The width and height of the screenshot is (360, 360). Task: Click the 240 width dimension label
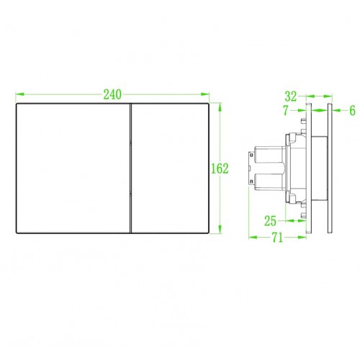[112, 94]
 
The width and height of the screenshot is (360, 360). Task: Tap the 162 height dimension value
[220, 168]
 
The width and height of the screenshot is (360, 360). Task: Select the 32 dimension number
[291, 96]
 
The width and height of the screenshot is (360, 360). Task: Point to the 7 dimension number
[286, 110]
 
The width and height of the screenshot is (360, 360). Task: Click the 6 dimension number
[352, 110]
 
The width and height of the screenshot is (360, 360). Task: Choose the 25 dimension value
[270, 221]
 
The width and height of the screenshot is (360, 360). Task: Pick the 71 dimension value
[277, 238]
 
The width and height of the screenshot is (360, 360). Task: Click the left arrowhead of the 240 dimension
[19, 94]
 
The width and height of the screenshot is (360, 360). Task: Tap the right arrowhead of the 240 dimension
[205, 94]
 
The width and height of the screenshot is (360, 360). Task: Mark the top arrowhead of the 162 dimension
[220, 107]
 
